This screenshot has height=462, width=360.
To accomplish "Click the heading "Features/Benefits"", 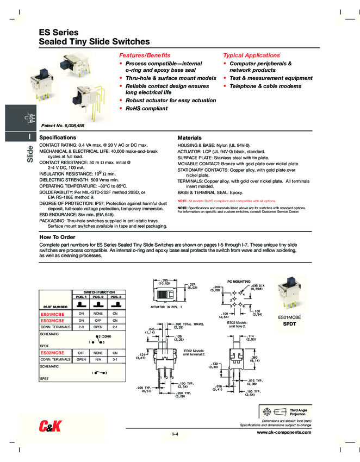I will [144, 55].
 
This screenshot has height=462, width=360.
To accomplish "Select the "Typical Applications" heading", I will [251, 55].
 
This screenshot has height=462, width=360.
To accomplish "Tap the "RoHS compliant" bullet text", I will [146, 108].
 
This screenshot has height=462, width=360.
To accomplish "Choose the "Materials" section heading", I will [190, 138].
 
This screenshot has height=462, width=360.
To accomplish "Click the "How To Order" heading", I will [57, 237].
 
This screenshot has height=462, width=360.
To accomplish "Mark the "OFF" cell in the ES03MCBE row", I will [98, 321].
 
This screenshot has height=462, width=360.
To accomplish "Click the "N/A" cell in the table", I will [98, 359].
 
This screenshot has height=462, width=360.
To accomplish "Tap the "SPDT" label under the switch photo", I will [289, 323].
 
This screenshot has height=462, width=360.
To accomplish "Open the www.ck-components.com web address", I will [284, 432].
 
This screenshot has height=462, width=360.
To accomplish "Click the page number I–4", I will [176, 433].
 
